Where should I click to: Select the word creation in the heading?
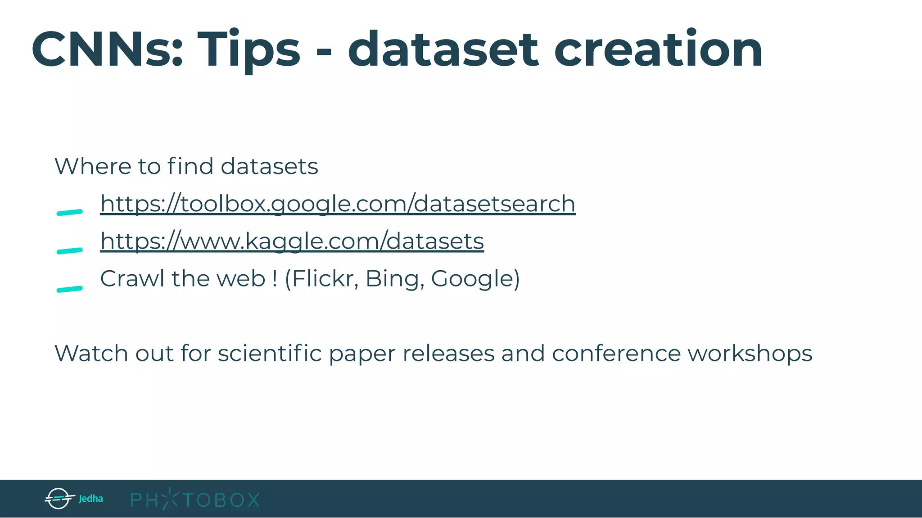[658, 49]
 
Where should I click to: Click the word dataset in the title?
[443, 49]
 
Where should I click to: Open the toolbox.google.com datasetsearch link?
[338, 204]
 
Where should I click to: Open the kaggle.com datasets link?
[292, 241]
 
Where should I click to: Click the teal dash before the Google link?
[70, 212]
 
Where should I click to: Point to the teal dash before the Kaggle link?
[70, 250]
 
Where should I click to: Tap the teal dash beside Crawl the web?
[70, 289]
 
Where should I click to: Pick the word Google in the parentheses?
[472, 279]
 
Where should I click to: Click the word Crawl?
[132, 278]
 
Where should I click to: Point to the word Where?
[93, 166]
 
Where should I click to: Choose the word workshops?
[750, 354]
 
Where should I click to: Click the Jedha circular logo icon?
[59, 498]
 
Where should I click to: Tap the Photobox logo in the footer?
[195, 499]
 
